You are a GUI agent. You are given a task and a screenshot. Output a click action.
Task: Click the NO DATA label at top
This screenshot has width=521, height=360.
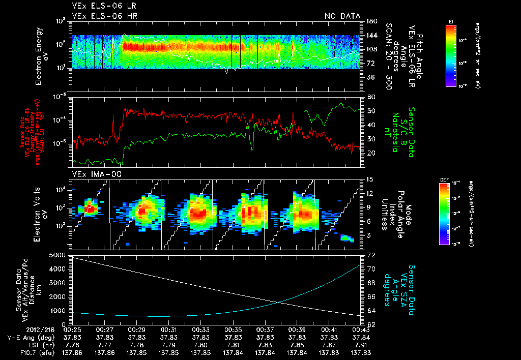[x=342, y=16]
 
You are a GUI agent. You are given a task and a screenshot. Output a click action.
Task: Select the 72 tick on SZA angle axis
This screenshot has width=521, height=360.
[x=371, y=254]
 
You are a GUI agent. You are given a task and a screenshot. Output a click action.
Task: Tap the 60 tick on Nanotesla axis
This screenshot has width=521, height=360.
[x=371, y=97]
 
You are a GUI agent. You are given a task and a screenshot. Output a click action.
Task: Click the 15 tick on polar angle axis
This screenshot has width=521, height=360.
[x=370, y=179]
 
